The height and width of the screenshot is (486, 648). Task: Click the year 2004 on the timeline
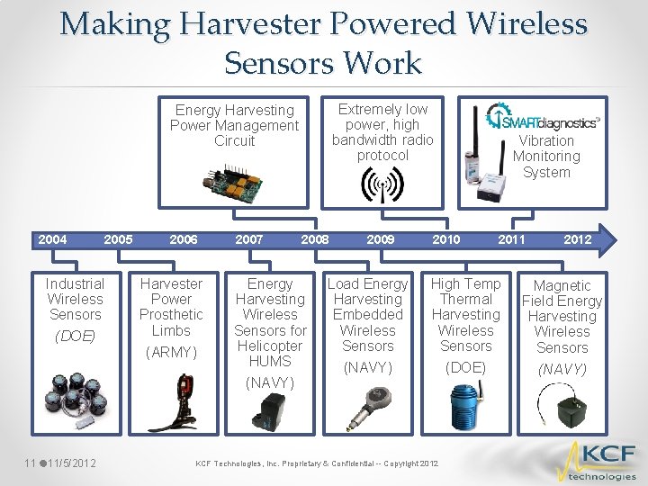52,239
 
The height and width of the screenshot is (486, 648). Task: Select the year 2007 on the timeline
249,239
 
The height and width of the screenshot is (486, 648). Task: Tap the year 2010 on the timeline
445,239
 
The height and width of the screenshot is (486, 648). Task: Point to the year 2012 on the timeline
577,239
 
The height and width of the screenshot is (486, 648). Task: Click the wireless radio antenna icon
382,185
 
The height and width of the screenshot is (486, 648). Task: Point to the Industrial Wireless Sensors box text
76,299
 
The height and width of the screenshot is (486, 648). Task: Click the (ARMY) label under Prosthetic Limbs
171,352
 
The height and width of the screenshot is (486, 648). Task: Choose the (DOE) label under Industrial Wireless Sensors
76,337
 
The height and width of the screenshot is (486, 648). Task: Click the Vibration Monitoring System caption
546,157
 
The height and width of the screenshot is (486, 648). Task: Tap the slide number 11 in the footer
30,463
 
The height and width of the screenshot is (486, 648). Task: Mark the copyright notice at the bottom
317,463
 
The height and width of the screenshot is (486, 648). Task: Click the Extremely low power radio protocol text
382,132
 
